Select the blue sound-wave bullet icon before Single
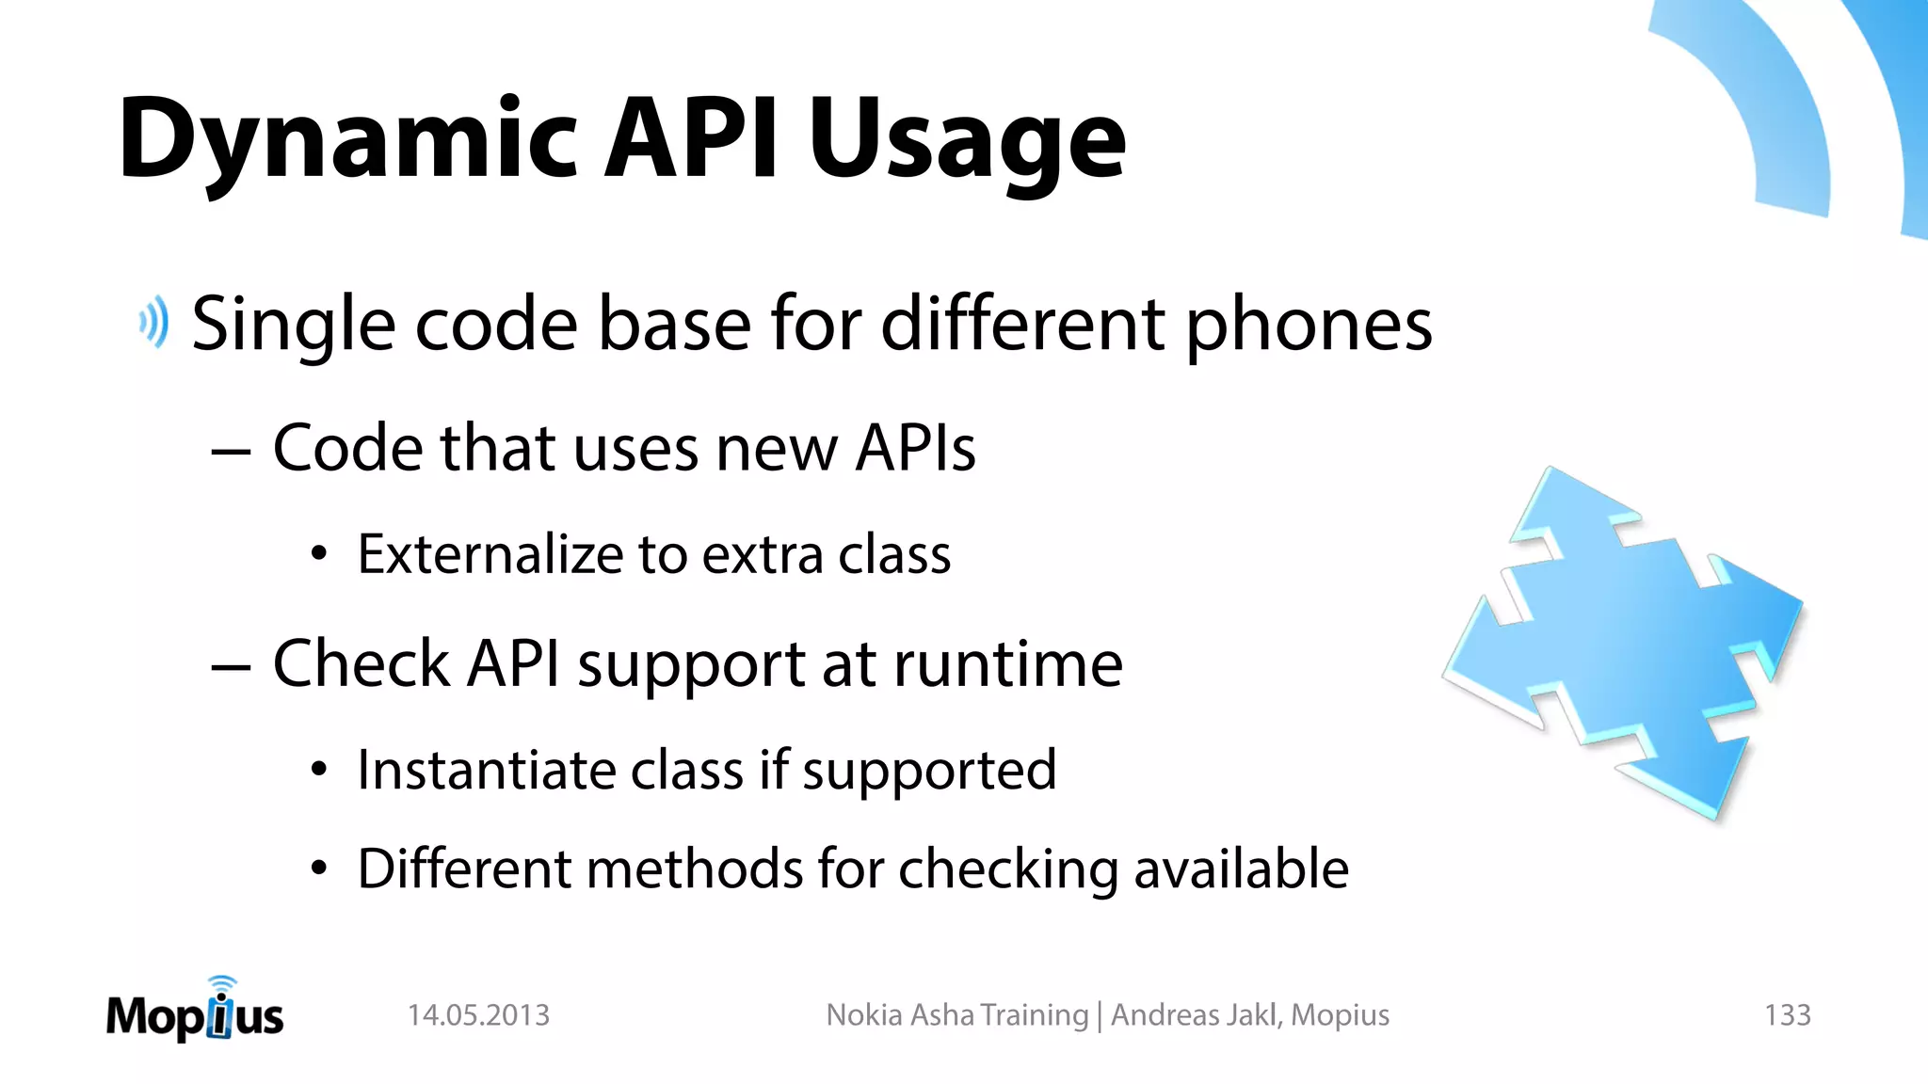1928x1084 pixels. [x=154, y=323]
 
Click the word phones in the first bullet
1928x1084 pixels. [x=1309, y=325]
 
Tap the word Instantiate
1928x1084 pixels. [x=486, y=770]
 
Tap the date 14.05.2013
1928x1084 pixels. [x=478, y=1015]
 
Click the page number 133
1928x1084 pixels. [x=1787, y=1015]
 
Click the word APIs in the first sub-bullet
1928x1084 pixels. [x=915, y=448]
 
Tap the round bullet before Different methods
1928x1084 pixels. [x=319, y=869]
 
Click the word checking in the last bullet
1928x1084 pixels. [x=1007, y=869]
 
